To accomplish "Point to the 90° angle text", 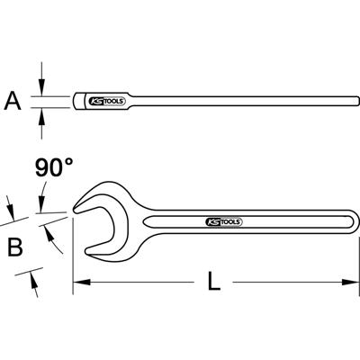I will [x=54, y=167].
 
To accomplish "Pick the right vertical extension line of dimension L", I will [x=348, y=256].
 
